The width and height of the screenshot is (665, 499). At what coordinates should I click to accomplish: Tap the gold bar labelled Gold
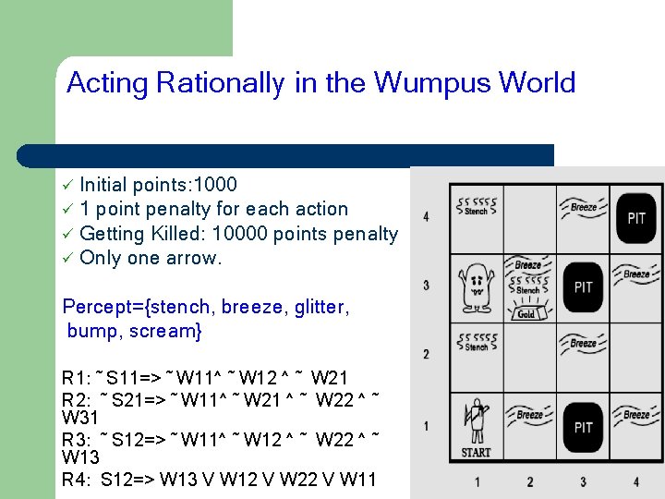(x=526, y=313)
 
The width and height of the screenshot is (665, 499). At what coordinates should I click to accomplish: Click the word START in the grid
(x=477, y=452)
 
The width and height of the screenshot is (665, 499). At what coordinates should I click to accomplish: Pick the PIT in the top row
(x=636, y=218)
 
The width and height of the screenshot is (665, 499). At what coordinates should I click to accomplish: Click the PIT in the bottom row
(x=583, y=427)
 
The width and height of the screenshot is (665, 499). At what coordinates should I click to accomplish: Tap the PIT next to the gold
(x=583, y=287)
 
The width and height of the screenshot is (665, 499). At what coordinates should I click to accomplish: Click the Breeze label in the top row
(x=583, y=208)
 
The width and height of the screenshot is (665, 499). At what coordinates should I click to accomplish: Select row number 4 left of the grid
(x=426, y=217)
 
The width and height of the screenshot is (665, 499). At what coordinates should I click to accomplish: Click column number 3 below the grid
(x=583, y=481)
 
